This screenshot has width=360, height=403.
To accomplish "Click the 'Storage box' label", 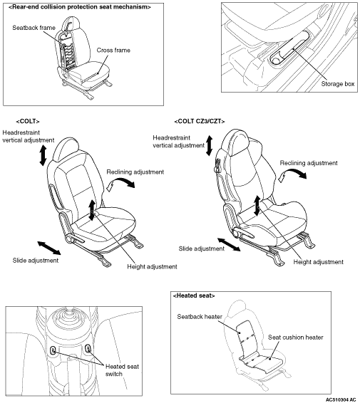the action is click(x=338, y=84).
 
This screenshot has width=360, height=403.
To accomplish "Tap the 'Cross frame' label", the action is click(x=113, y=50).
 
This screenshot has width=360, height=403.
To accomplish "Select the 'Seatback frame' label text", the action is click(x=34, y=28).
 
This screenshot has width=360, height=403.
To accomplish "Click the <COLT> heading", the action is click(x=28, y=121).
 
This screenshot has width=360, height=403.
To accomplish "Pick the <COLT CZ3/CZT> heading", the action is click(x=200, y=121).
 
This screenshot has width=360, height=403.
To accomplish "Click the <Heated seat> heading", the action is click(x=194, y=295).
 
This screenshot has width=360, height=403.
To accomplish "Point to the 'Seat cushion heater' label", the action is click(x=296, y=337).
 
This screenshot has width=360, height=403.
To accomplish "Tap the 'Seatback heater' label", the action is click(x=200, y=317).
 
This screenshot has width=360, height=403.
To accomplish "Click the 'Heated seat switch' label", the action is click(x=122, y=370).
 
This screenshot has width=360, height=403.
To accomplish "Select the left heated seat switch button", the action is click(x=53, y=350).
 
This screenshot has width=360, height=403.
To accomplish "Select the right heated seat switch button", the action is click(x=88, y=349).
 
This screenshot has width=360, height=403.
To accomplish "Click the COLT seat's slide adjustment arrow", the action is click(x=49, y=248).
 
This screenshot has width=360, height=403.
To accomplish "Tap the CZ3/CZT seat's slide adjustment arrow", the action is click(x=229, y=244).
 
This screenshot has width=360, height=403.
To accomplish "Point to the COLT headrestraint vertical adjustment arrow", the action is click(x=43, y=155).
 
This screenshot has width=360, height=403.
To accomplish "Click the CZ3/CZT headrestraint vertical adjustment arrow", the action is click(x=210, y=146).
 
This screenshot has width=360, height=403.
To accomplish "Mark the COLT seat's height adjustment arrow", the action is click(x=92, y=210).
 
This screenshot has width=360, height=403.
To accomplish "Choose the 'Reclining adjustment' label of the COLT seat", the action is click(x=135, y=172).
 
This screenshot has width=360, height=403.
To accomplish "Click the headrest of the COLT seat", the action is click(x=65, y=150).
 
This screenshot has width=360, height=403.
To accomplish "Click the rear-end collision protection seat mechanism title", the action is click(x=80, y=7).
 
